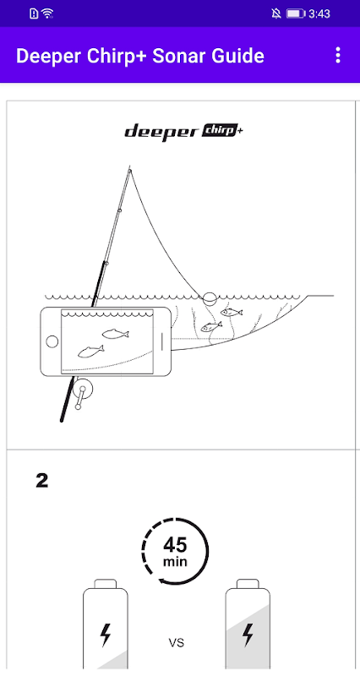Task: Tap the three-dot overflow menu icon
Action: click(x=338, y=56)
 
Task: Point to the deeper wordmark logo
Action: click(x=161, y=132)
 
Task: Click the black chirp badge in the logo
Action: click(x=219, y=131)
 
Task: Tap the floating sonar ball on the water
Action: click(x=210, y=297)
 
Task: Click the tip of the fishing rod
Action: click(x=129, y=166)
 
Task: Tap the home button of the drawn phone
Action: click(x=52, y=341)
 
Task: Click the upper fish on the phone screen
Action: click(x=116, y=333)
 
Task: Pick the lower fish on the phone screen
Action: click(x=91, y=352)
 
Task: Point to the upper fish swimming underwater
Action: click(x=231, y=312)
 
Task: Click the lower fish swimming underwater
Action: click(x=211, y=326)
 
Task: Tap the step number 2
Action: click(x=41, y=481)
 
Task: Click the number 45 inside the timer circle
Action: click(x=175, y=545)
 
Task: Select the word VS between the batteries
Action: click(x=176, y=643)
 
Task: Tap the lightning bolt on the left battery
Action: click(x=105, y=635)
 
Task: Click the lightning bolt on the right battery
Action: click(x=248, y=635)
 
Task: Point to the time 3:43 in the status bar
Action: click(x=319, y=14)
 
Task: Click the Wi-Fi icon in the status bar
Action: click(x=47, y=14)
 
